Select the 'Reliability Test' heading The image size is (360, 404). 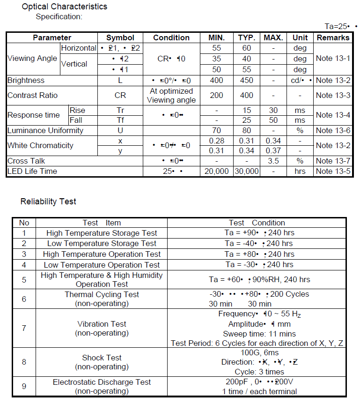[x=48, y=202]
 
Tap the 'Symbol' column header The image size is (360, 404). [x=120, y=37]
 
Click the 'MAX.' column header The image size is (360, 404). [x=273, y=37]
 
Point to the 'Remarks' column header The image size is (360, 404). [x=333, y=37]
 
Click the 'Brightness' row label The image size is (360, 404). [x=26, y=81]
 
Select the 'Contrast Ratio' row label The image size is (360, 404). [x=33, y=95]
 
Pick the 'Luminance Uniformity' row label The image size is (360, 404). [x=45, y=130]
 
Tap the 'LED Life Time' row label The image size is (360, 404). [x=32, y=171]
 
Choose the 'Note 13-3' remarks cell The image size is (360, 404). [x=333, y=95]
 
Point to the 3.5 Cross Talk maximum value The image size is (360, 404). [x=273, y=161]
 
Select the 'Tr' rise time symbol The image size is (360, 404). [x=120, y=110]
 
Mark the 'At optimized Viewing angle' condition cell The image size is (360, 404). [x=171, y=95]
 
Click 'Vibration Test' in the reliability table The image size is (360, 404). [x=102, y=324]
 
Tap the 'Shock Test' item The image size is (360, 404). [x=102, y=358]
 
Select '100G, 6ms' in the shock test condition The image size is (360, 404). [x=259, y=352]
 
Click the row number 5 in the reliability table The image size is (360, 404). [x=24, y=280]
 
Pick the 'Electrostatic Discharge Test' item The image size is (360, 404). [x=102, y=382]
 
